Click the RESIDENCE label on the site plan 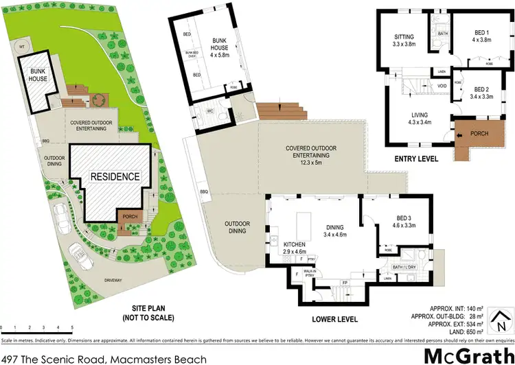[115, 176]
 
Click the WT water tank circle [22, 47]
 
